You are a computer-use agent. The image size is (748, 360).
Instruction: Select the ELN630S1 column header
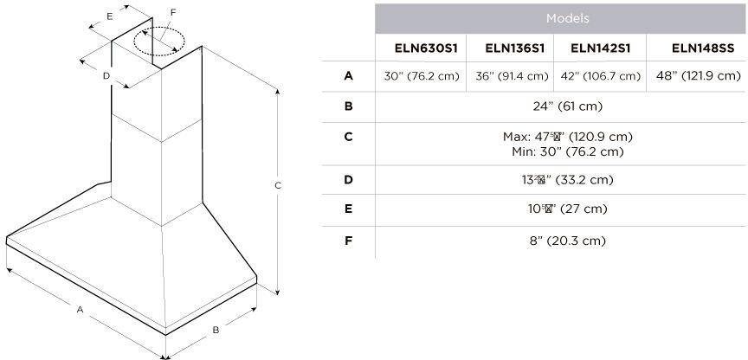pos(420,48)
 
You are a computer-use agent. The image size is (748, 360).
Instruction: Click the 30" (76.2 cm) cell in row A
pos(421,76)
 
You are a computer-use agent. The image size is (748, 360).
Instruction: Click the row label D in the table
pos(348,180)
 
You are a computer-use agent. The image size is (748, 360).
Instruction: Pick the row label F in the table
pos(348,240)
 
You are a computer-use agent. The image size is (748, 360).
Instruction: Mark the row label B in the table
pos(348,106)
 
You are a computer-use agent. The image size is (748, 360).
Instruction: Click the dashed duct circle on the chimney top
pos(158,40)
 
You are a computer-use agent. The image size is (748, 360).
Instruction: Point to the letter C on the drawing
pos(278,186)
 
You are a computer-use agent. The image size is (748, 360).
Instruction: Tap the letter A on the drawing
pos(81,309)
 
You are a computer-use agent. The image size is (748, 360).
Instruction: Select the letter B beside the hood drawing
pos(216,330)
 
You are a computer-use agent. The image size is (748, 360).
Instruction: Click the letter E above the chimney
pos(109,16)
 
